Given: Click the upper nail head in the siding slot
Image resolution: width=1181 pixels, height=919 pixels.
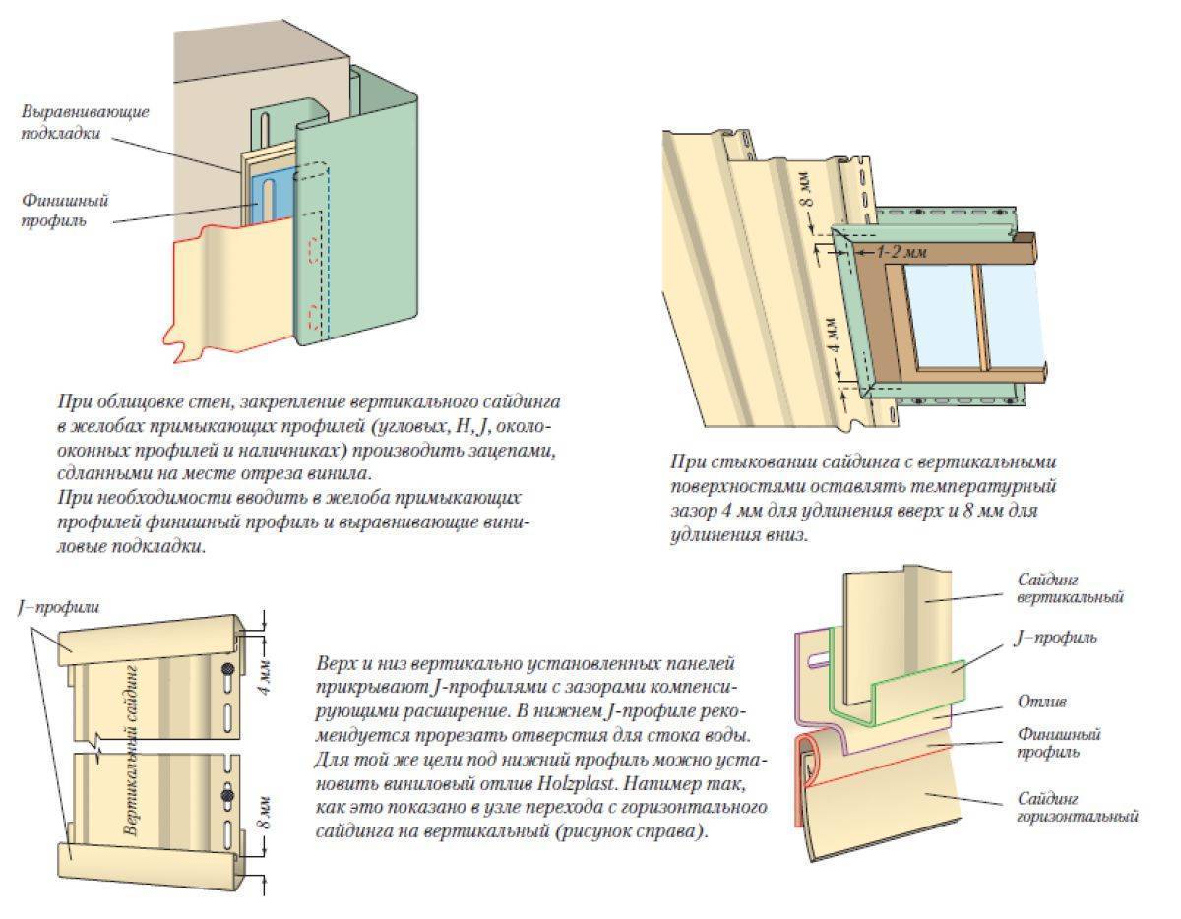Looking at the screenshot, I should coord(228,669).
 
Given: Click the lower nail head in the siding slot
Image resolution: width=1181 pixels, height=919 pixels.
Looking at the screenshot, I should coord(228,795).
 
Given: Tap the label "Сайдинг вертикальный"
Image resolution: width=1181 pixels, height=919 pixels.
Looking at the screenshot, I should coord(1070,588).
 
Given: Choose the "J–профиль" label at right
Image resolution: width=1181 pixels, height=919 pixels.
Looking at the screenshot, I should coord(1054,638).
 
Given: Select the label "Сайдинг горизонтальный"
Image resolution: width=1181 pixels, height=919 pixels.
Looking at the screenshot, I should coord(1078,806).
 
